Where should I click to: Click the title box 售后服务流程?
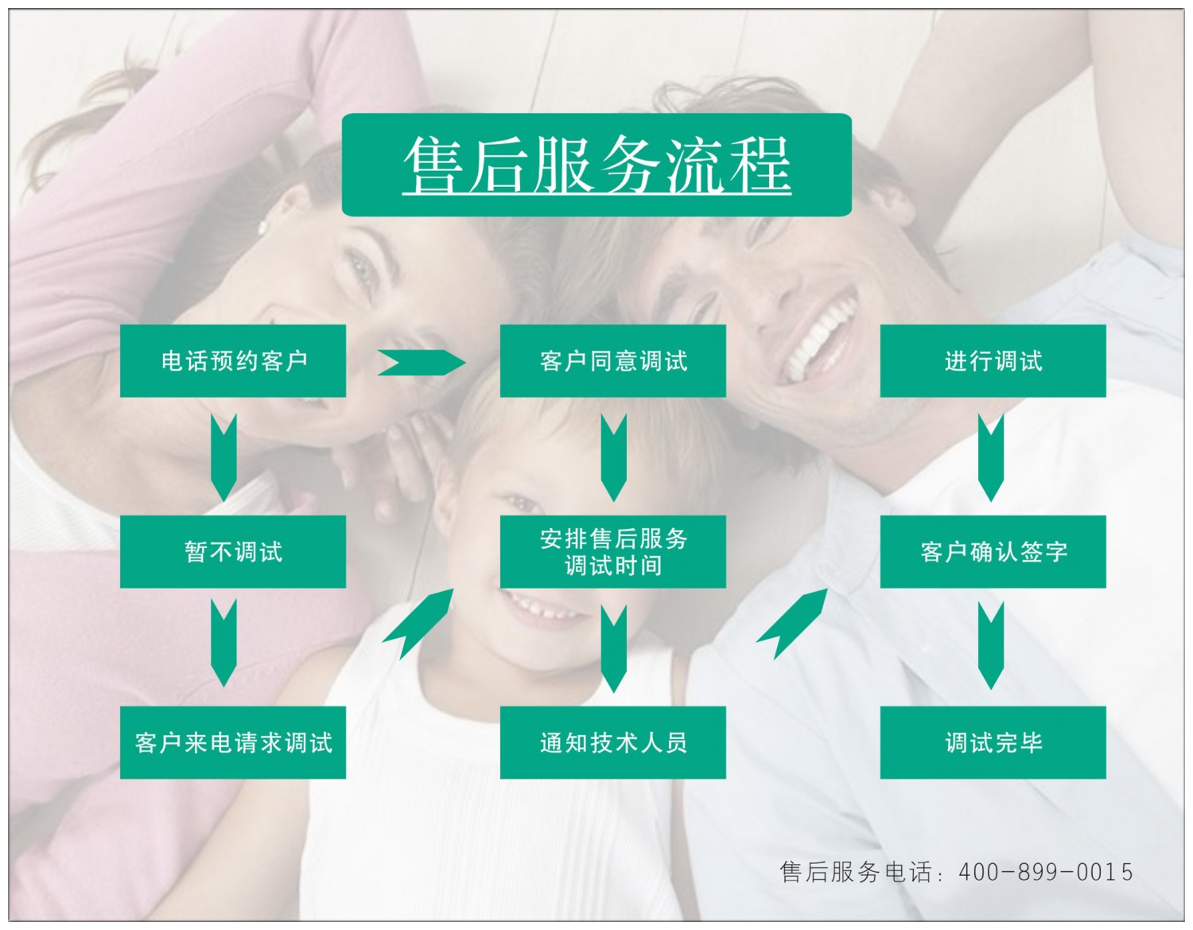596,165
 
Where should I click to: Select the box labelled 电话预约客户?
233,361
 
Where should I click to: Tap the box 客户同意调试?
612,361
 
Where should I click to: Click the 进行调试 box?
993,361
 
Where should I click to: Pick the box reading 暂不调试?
233,551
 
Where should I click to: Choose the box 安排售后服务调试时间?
612,551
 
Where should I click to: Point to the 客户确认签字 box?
993,551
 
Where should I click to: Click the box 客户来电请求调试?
233,742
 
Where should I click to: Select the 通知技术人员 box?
612,742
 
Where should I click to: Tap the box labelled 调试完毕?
993,742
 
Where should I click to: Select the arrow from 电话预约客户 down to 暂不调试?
223,457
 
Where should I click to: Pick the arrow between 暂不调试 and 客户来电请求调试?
223,643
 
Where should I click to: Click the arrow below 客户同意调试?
613,457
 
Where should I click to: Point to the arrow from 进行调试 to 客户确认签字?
990,457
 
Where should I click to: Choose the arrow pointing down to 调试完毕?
990,644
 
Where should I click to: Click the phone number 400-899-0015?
1045,872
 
